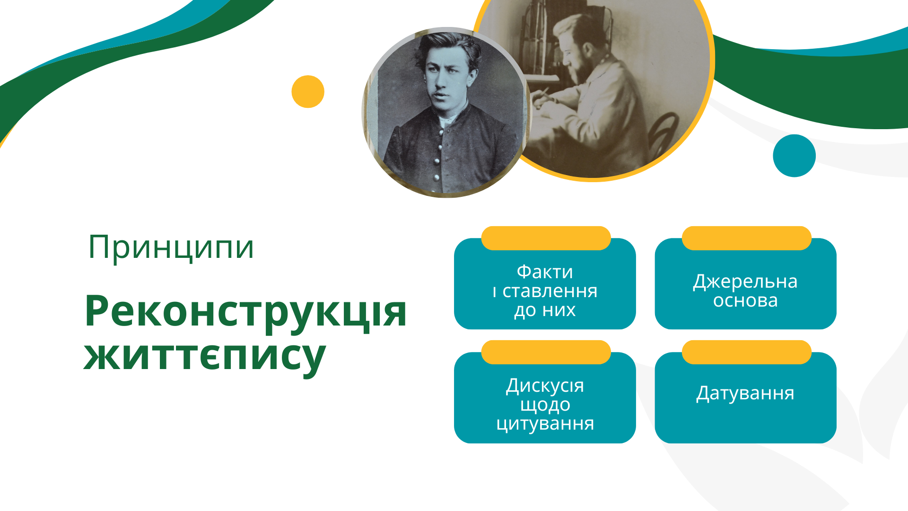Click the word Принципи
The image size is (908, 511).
(x=171, y=247)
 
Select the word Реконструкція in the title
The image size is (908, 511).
(x=245, y=312)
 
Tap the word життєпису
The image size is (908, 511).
(x=205, y=356)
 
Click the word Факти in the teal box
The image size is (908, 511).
(x=545, y=272)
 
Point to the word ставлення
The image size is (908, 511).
(x=550, y=291)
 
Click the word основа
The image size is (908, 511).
(x=745, y=301)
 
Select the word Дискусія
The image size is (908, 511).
(x=545, y=386)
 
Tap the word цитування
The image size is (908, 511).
(x=545, y=424)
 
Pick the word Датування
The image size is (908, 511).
(x=745, y=394)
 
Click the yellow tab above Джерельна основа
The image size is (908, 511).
(x=746, y=238)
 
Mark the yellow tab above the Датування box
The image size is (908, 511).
(x=746, y=352)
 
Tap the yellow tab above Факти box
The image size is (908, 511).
(x=546, y=238)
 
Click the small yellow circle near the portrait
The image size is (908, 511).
(x=308, y=92)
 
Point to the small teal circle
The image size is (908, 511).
(x=794, y=156)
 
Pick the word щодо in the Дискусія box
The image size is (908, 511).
(x=545, y=405)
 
